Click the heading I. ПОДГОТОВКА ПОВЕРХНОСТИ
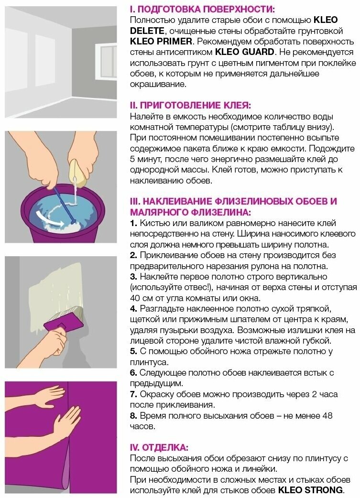tap(202, 9)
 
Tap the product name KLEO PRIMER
tap(161, 41)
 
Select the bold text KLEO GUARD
tap(244, 52)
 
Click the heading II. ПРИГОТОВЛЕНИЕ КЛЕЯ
tap(190, 105)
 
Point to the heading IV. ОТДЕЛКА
tap(159, 447)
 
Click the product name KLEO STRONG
tap(311, 490)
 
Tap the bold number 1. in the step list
tap(133, 223)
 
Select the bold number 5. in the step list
tap(133, 351)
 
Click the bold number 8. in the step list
tap(133, 415)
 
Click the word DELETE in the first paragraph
tap(147, 31)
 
